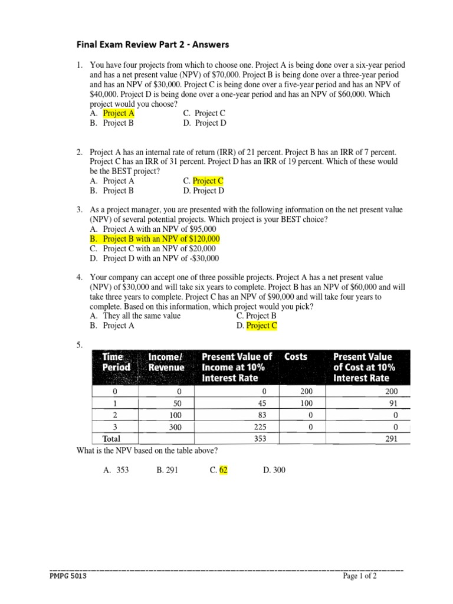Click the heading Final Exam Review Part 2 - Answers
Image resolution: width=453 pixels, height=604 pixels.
153,44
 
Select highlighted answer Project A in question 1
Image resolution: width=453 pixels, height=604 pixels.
119,113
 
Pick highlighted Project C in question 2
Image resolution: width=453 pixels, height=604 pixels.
208,181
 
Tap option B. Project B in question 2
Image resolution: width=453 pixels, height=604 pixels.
112,191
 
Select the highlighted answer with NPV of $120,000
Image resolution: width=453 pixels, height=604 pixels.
155,239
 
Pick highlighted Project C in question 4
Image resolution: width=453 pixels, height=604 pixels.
261,326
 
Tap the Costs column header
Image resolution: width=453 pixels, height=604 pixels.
296,357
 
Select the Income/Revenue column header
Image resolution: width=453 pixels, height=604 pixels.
166,362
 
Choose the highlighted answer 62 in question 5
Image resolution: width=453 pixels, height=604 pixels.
223,470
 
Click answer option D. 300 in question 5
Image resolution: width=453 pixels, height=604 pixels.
274,470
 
